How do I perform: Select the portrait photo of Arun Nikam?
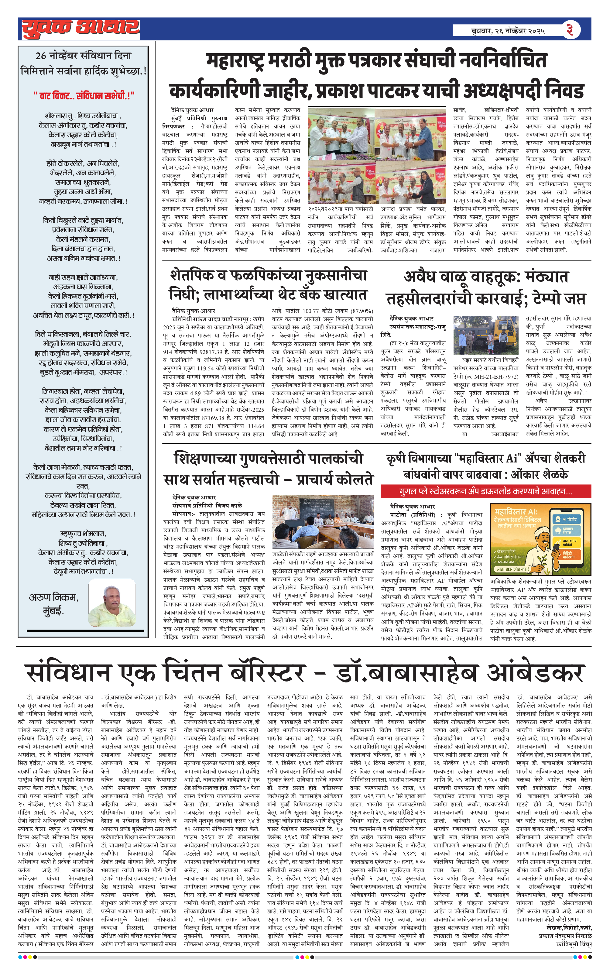[x=112, y=603]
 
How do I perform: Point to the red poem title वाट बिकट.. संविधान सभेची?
[x=84, y=95]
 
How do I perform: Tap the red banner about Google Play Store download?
[x=486, y=491]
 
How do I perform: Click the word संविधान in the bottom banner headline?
[x=68, y=672]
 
